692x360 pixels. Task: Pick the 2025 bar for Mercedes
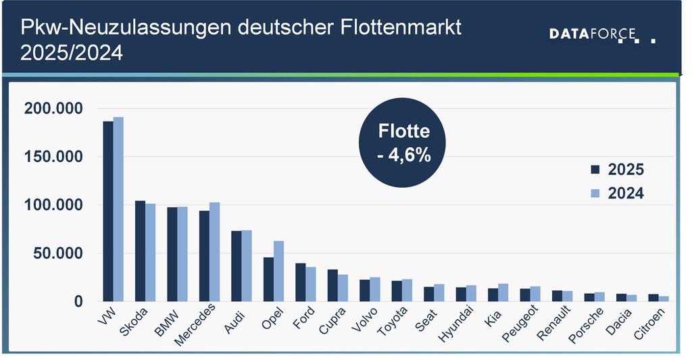coord(204,256)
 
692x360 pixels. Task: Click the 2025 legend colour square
coord(595,170)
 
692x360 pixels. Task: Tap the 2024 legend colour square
coord(595,193)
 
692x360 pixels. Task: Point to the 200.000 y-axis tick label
coord(53,108)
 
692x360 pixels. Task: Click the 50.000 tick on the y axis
coord(58,253)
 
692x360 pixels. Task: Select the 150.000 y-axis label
coord(53,157)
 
